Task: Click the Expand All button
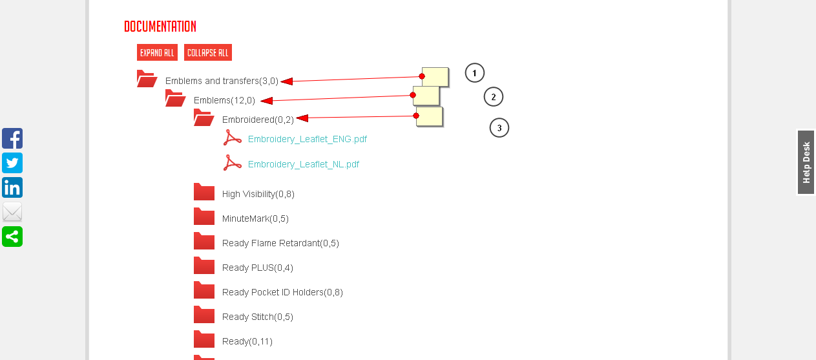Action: tap(157, 53)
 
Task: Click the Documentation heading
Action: tap(160, 26)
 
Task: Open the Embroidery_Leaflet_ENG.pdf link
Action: tap(307, 139)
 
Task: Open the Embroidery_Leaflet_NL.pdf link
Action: tap(303, 164)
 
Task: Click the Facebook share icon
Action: tap(12, 138)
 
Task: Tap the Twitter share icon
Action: tap(12, 163)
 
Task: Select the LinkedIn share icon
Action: tap(12, 187)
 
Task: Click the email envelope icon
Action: tap(12, 212)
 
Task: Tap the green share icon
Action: tap(12, 237)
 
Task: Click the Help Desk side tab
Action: tap(806, 162)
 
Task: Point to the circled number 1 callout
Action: tap(474, 73)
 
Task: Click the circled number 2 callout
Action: tap(493, 97)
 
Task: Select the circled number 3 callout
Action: tap(499, 128)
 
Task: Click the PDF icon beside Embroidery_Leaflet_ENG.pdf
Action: tap(233, 138)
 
